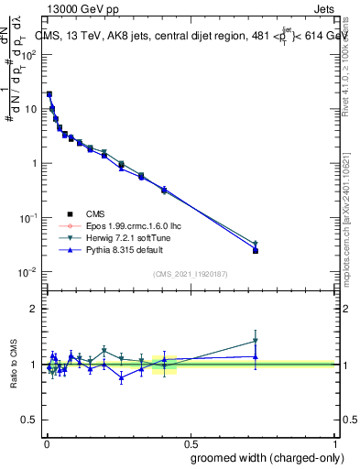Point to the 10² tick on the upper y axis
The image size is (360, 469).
pyautogui.click(x=29, y=54)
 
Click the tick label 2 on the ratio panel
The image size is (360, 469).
pyautogui.click(x=34, y=309)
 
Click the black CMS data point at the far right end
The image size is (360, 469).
pyautogui.click(x=256, y=250)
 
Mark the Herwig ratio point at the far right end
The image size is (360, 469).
pyautogui.click(x=256, y=341)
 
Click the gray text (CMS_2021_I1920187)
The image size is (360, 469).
pyautogui.click(x=191, y=273)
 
